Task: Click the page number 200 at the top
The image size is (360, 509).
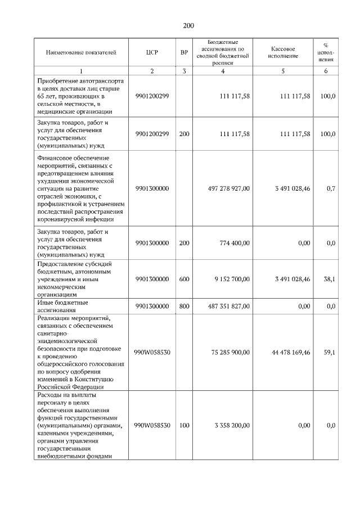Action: pyautogui.click(x=188, y=26)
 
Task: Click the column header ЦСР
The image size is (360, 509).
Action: pyautogui.click(x=151, y=52)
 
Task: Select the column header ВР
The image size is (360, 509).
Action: pyautogui.click(x=184, y=52)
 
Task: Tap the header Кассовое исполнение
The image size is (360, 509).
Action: pyautogui.click(x=283, y=52)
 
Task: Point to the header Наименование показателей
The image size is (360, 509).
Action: pyautogui.click(x=82, y=52)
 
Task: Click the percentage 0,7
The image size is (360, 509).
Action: pyautogui.click(x=331, y=188)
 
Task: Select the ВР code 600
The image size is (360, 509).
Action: pyautogui.click(x=184, y=278)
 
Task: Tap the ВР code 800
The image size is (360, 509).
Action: pyautogui.click(x=184, y=306)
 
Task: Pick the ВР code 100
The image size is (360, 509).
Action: pyautogui.click(x=184, y=425)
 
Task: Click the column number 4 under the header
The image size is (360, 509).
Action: pyautogui.click(x=223, y=71)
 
